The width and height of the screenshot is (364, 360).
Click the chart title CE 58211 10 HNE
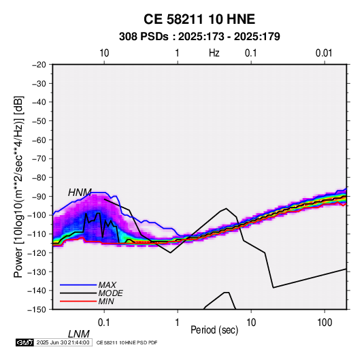point(199,19)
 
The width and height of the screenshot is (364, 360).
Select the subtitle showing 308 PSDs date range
point(199,37)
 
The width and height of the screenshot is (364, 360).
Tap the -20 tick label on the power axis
point(39,65)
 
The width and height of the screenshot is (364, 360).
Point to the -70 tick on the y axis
point(39,159)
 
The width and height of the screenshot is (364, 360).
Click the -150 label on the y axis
point(37,310)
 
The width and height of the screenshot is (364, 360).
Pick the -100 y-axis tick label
point(37,215)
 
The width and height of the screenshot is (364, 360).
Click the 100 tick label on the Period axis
point(325,323)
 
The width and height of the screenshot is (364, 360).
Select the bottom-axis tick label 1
point(177,323)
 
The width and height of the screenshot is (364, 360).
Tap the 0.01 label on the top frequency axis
point(324,53)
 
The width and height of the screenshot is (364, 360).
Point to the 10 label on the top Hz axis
point(104,53)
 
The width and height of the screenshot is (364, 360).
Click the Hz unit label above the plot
point(214,53)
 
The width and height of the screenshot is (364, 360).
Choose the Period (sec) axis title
point(214,330)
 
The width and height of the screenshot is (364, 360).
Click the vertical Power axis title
point(18,187)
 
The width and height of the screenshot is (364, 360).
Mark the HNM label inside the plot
point(80,193)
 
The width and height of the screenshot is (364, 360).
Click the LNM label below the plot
point(79,334)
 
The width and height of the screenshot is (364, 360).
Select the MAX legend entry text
point(107,285)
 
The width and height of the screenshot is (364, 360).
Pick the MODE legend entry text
point(110,293)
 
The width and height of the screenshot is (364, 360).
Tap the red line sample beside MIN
point(78,301)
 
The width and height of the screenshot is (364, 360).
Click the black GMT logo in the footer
point(25,342)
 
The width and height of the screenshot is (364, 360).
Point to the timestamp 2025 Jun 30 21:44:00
point(63,342)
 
